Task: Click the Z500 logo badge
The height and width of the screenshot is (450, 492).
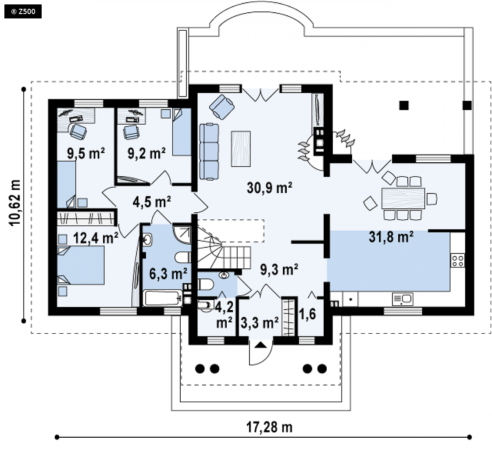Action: [23, 12]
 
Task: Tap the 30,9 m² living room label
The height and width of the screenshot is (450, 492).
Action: [270, 188]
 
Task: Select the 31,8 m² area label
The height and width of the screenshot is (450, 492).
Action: [391, 237]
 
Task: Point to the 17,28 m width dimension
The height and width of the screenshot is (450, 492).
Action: [269, 427]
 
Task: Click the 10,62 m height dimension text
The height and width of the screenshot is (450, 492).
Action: [15, 203]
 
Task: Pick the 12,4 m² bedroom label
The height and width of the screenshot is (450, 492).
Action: [96, 238]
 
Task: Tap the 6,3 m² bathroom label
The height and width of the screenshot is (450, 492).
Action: [168, 274]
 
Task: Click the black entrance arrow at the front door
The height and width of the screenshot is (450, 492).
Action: [260, 345]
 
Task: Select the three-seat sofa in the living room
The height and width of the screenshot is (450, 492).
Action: [209, 152]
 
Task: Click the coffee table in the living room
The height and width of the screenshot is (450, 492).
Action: [241, 149]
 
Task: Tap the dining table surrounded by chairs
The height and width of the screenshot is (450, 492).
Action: [403, 198]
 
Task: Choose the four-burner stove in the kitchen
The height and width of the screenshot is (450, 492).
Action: [458, 261]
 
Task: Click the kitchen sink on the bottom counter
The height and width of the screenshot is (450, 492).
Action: [403, 299]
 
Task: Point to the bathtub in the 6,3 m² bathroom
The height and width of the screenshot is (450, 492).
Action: [163, 298]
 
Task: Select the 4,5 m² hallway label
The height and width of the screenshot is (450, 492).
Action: [152, 202]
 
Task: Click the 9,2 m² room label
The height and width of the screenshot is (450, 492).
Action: [146, 154]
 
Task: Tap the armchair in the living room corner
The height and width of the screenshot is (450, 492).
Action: [222, 107]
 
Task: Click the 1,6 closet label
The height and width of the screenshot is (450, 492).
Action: [307, 314]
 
